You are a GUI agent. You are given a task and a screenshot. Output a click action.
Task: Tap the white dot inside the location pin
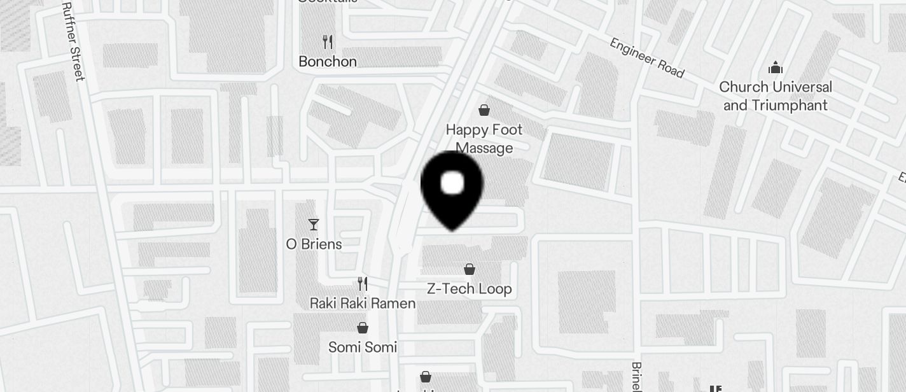(452, 183)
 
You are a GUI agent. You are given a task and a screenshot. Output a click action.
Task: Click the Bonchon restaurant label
(328, 61)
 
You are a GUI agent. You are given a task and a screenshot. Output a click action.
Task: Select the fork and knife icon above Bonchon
(328, 42)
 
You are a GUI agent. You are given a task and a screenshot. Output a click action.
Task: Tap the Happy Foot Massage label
(484, 138)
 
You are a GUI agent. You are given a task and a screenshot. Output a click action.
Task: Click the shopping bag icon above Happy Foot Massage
(484, 110)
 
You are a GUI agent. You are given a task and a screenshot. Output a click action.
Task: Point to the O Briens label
(314, 244)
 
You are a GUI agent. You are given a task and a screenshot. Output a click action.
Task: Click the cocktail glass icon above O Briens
(314, 224)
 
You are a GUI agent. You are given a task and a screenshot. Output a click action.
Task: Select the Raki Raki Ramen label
(363, 303)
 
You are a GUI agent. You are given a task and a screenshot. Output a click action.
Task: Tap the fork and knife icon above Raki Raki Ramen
(363, 284)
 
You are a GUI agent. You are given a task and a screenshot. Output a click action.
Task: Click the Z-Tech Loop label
(470, 288)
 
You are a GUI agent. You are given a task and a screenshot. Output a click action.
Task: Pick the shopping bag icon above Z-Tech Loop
(470, 269)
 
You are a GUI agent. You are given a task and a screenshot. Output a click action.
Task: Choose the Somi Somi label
(363, 347)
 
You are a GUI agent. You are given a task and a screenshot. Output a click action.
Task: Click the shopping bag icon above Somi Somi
(363, 328)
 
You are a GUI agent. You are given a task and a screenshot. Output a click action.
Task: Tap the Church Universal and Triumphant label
(776, 95)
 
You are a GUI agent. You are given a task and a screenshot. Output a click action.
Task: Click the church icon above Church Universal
(776, 67)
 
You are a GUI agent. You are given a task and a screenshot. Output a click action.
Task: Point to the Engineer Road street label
(646, 58)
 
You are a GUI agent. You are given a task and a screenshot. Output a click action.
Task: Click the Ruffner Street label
(73, 41)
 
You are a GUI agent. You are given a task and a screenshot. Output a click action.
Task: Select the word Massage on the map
(484, 148)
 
